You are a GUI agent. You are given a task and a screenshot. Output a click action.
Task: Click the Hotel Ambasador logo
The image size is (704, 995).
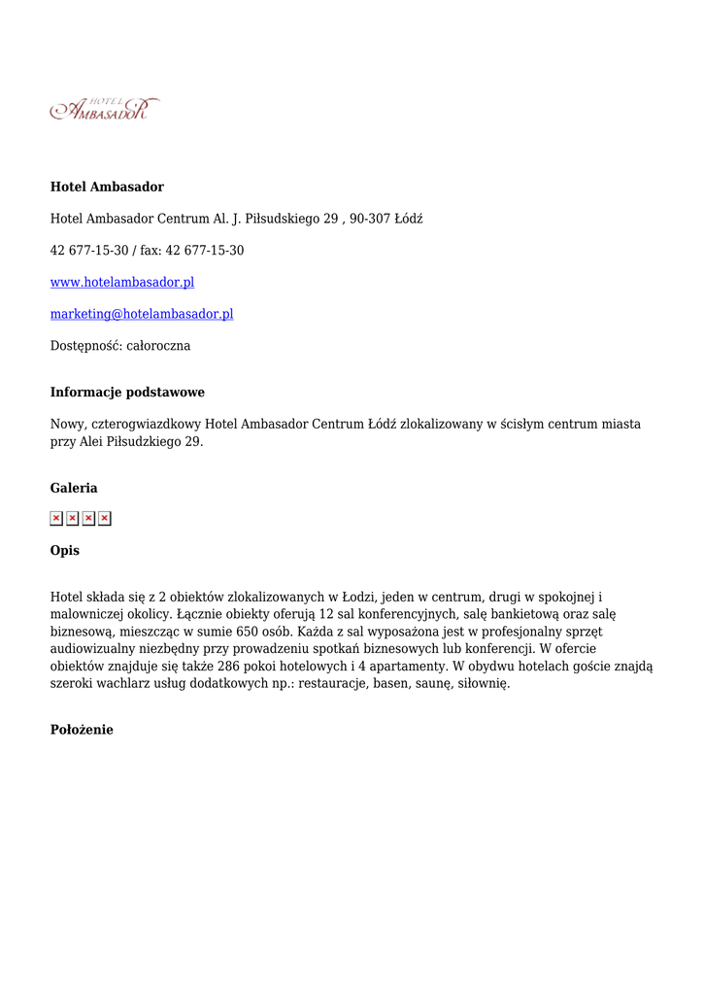[x=105, y=109]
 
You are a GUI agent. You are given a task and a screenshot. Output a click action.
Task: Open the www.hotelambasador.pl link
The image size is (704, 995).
[x=122, y=282]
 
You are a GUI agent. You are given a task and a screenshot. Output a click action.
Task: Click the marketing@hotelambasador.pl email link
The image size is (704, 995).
[x=142, y=314]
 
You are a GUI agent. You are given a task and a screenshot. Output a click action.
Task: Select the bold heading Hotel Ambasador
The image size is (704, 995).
[x=107, y=187]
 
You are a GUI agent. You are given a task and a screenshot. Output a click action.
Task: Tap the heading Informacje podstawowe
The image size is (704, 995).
[x=127, y=393]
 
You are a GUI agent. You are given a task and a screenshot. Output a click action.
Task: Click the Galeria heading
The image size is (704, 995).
[x=74, y=488]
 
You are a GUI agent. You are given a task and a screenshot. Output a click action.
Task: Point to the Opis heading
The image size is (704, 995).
[x=65, y=551]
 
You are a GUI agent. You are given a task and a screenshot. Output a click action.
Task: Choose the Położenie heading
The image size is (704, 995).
[x=82, y=730]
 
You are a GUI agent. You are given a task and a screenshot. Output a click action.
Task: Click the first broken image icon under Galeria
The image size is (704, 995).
[x=56, y=518]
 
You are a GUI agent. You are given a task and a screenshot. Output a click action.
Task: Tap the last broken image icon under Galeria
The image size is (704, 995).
[x=105, y=518]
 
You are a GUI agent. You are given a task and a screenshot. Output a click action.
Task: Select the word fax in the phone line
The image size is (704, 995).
[x=151, y=251]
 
